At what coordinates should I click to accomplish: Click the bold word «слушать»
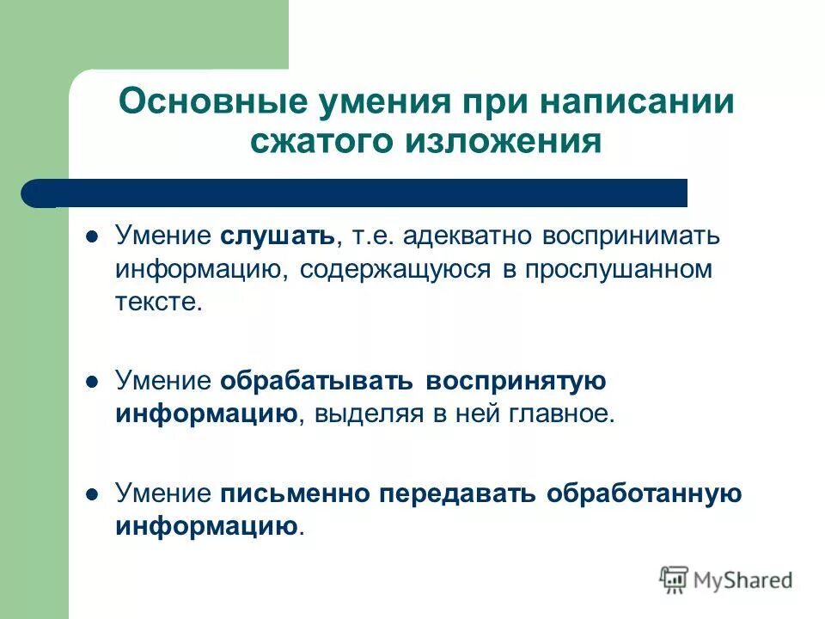pos(276,236)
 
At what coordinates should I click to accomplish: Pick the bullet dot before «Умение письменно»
pos(95,494)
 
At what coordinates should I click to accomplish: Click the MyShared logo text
pos(742,580)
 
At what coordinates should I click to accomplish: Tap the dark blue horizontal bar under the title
pos(361,193)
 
